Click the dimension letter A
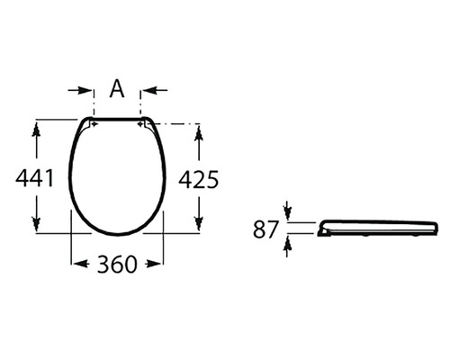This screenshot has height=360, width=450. (x=117, y=89)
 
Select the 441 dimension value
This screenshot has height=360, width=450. (x=34, y=178)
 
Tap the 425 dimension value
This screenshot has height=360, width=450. (x=199, y=180)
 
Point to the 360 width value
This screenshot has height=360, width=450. (x=117, y=265)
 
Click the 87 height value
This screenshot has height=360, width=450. (x=265, y=229)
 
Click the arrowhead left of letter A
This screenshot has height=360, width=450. (x=85, y=90)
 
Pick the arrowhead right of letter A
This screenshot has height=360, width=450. (x=149, y=90)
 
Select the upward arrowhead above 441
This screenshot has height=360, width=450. (x=36, y=131)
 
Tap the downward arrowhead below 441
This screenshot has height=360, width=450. (x=36, y=224)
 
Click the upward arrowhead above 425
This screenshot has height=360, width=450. (x=198, y=134)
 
